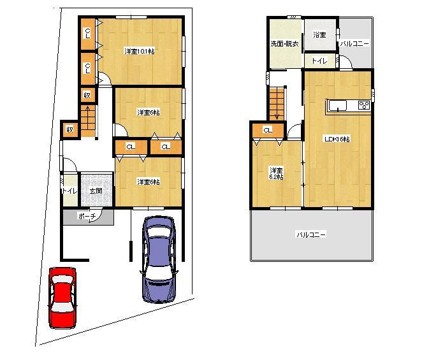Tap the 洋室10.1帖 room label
click(140, 51)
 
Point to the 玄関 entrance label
click(96, 191)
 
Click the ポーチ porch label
click(87, 217)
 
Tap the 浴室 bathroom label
click(319, 35)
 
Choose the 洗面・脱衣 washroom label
click(283, 44)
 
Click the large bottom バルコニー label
click(310, 234)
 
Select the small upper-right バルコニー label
click(353, 44)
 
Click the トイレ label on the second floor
click(319, 61)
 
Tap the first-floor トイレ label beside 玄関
click(68, 191)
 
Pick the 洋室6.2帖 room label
click(275, 173)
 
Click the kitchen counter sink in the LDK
click(338, 106)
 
